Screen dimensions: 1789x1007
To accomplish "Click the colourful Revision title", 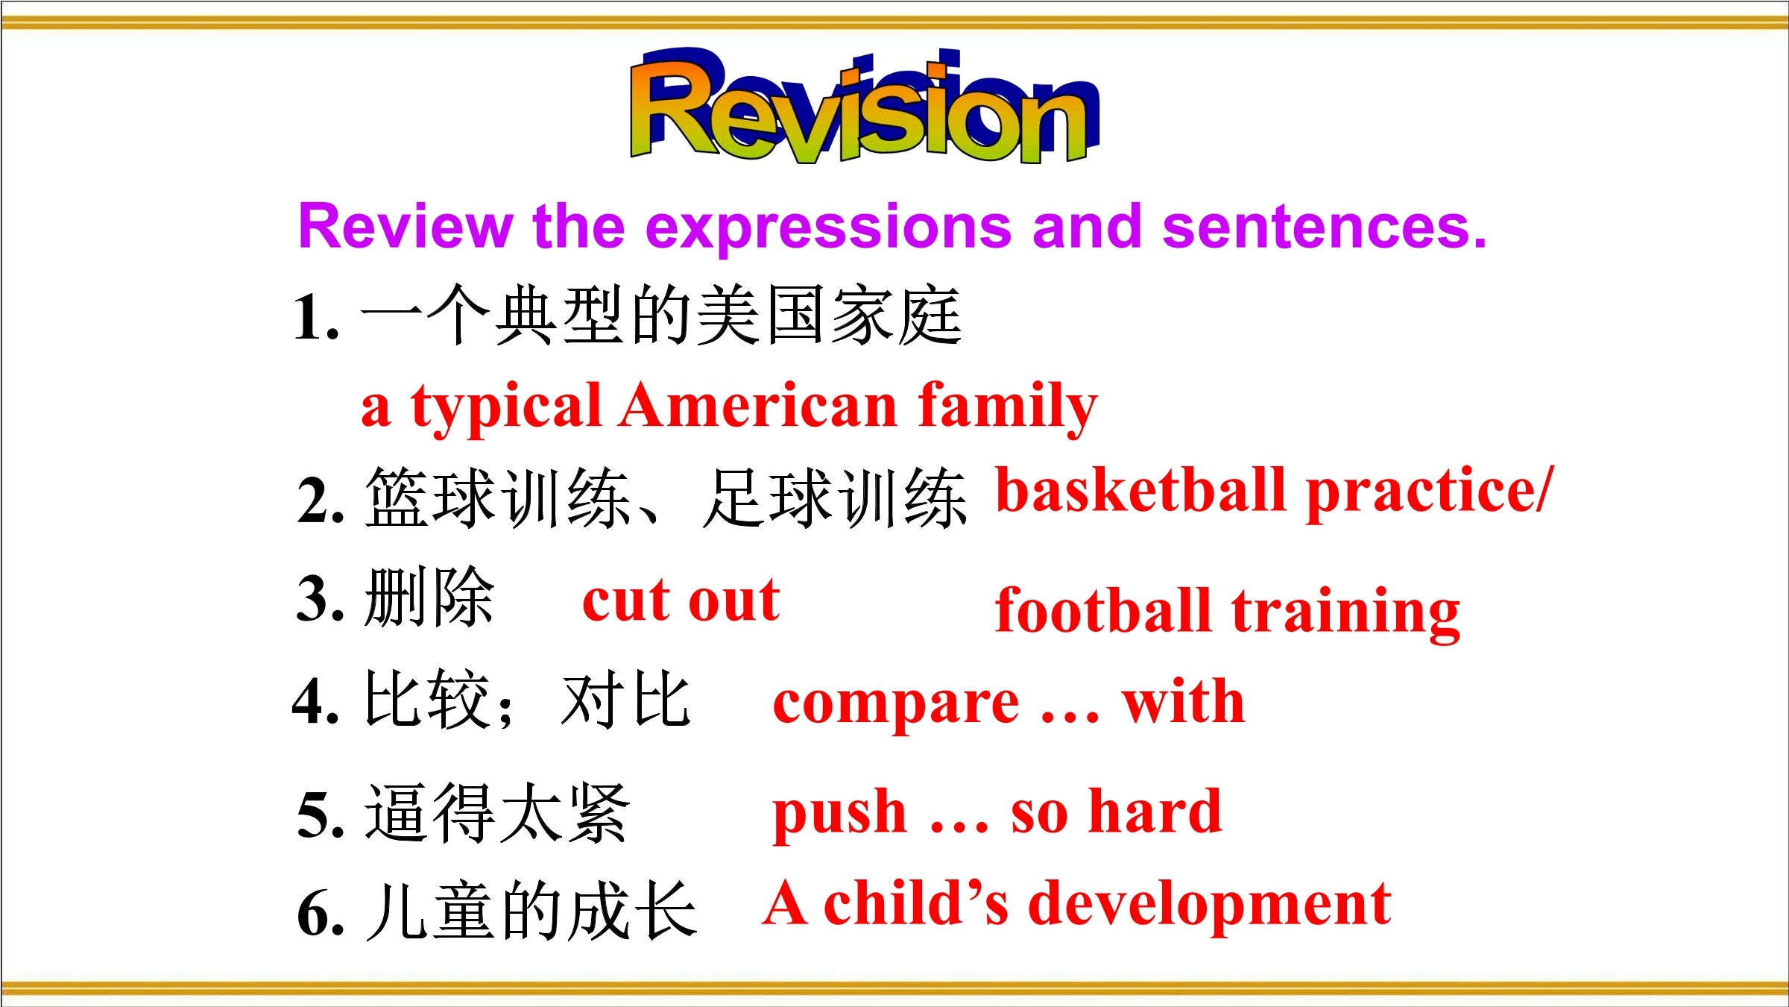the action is point(865,106).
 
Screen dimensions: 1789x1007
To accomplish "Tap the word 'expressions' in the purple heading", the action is point(828,228).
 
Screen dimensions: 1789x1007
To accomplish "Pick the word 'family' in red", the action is point(1008,409).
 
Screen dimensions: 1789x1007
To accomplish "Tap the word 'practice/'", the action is point(1430,492).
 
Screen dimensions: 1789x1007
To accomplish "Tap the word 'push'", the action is point(839,815).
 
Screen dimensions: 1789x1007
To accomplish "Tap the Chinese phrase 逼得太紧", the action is point(497,813).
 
